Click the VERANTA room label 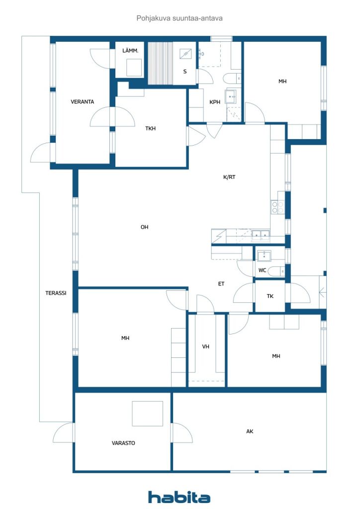pyautogui.click(x=83, y=101)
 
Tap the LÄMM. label pyautogui.click(x=130, y=51)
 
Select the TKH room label pyautogui.click(x=150, y=129)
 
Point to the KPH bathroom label pyautogui.click(x=215, y=102)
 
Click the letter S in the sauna pyautogui.click(x=185, y=72)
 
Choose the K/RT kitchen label pyautogui.click(x=229, y=177)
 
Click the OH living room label pyautogui.click(x=145, y=227)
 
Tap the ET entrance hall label pyautogui.click(x=221, y=284)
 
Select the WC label pyautogui.click(x=262, y=270)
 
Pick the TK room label pyautogui.click(x=270, y=296)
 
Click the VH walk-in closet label pyautogui.click(x=205, y=346)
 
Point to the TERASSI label pyautogui.click(x=56, y=293)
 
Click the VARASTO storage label pyautogui.click(x=123, y=443)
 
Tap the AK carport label pyautogui.click(x=250, y=431)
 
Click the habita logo pyautogui.click(x=179, y=497)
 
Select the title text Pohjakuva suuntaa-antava pyautogui.click(x=180, y=18)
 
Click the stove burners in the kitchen pyautogui.click(x=278, y=207)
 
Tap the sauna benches pyautogui.click(x=161, y=63)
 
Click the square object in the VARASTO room pyautogui.click(x=147, y=414)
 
